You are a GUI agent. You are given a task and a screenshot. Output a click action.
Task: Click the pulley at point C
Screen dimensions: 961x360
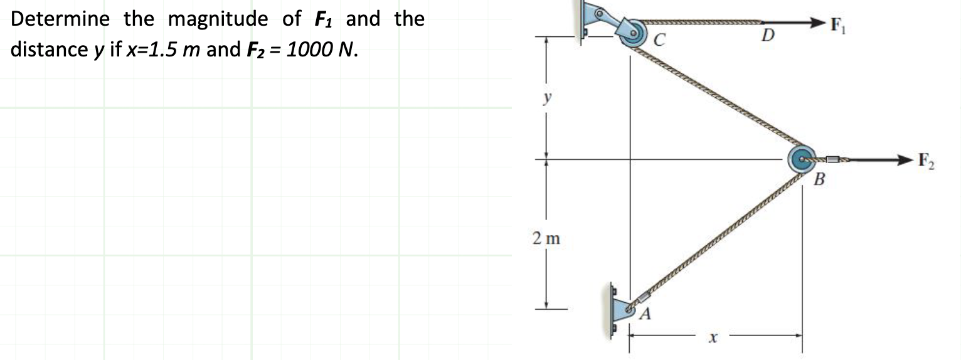point(634,33)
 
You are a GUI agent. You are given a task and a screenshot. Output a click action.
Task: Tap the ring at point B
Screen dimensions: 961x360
point(802,159)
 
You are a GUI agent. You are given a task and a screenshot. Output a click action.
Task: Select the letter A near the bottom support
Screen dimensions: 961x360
point(645,314)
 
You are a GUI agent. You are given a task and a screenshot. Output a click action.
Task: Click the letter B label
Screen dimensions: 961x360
point(819,179)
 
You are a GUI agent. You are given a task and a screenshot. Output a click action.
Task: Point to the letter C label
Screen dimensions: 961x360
point(659,40)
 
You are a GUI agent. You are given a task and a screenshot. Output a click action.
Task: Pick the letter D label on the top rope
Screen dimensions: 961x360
point(768,35)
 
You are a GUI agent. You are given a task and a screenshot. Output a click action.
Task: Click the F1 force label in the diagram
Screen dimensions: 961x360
point(838,25)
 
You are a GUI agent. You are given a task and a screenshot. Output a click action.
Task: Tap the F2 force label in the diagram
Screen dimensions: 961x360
point(926,161)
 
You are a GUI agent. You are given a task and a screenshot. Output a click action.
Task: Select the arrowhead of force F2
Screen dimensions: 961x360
point(904,160)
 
